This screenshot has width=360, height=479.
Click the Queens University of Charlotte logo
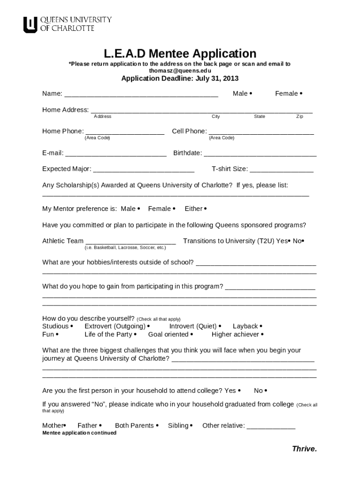(x=67, y=24)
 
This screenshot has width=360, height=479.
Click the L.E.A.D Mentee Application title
(x=180, y=53)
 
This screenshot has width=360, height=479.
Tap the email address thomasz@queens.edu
(x=180, y=71)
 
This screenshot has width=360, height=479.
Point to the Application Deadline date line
(x=180, y=79)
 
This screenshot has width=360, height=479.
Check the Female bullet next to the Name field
(x=301, y=94)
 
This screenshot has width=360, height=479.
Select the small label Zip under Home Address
(x=300, y=116)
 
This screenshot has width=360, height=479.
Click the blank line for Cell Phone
(x=261, y=133)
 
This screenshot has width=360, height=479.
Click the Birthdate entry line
(x=260, y=154)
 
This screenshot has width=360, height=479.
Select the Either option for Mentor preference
(x=195, y=209)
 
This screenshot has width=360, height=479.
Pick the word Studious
(x=55, y=326)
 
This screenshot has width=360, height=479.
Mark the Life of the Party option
(x=110, y=334)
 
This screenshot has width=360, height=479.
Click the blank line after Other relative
(x=271, y=427)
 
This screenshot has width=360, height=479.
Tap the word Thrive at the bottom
(x=304, y=449)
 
